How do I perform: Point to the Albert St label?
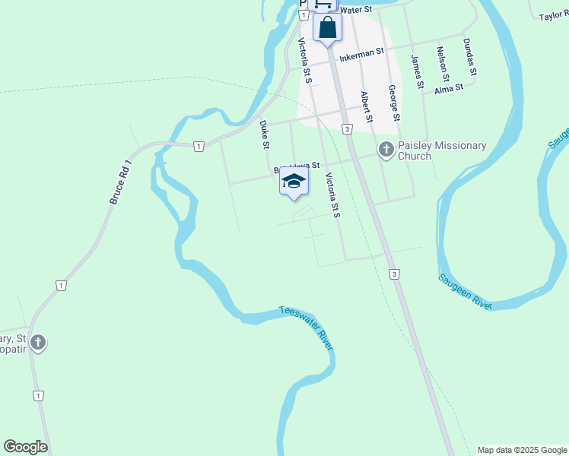coord(367,107)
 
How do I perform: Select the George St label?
coord(393,103)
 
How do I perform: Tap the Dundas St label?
coord(469,57)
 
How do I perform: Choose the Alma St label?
coord(448,89)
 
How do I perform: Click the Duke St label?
coord(265,134)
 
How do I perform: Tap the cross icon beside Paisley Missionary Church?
coord(386,150)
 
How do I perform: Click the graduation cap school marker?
coord(294,182)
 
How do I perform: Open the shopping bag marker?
coord(327,28)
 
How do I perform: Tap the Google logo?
coord(25,447)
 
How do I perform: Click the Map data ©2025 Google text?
coord(522,450)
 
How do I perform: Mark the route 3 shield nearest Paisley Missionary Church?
coord(347,130)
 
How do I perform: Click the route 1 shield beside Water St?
coord(303,15)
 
